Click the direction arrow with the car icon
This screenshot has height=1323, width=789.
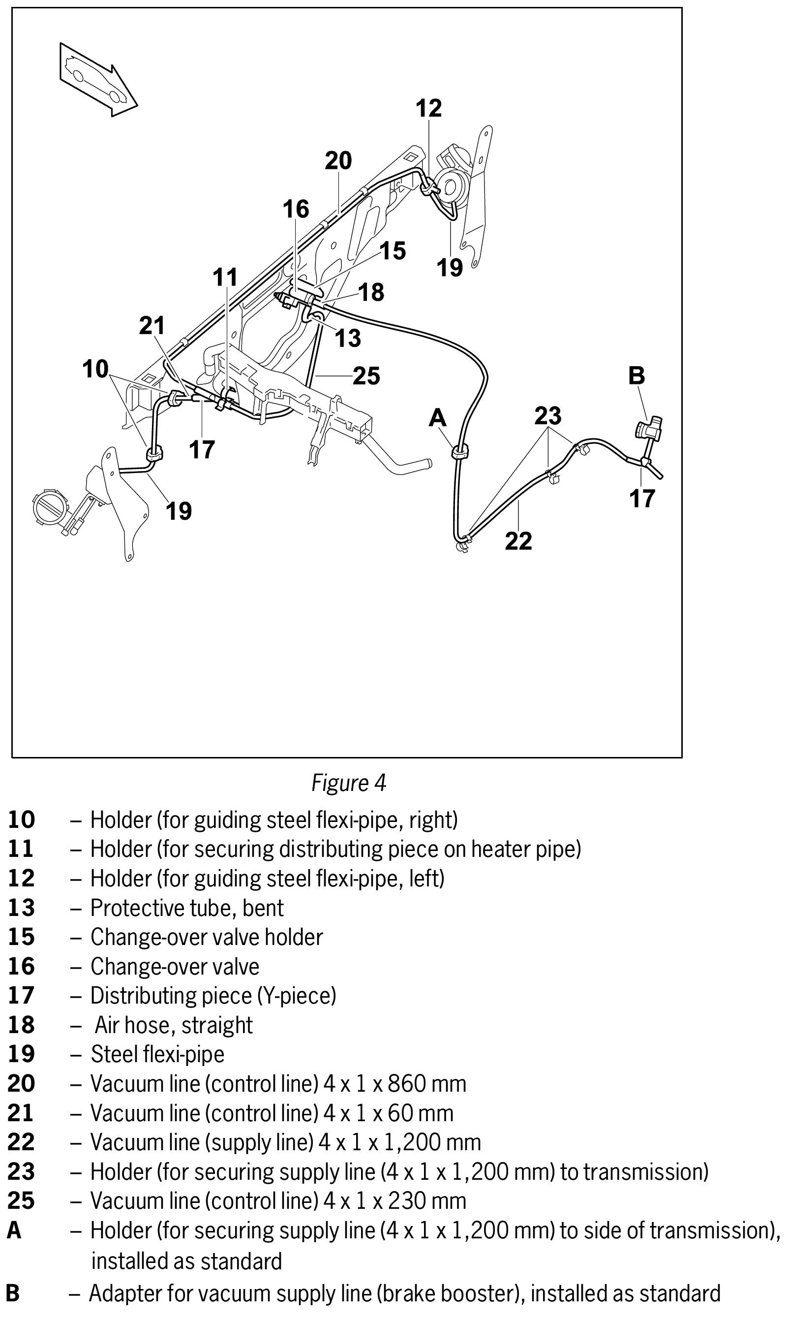(x=98, y=79)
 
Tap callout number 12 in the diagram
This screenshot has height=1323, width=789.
(x=428, y=108)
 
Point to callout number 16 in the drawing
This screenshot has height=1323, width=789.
(x=296, y=210)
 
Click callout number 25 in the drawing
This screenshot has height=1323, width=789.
(x=366, y=376)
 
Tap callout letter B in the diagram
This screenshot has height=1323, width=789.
(x=637, y=376)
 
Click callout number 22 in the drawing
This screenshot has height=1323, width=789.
(x=518, y=541)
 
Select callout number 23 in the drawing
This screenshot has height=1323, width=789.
(x=547, y=416)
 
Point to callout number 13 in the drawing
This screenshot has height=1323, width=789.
(x=348, y=338)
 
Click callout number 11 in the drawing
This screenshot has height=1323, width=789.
(x=225, y=278)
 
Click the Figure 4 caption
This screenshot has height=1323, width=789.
(x=348, y=783)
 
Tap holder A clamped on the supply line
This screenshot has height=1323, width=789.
(x=459, y=452)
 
